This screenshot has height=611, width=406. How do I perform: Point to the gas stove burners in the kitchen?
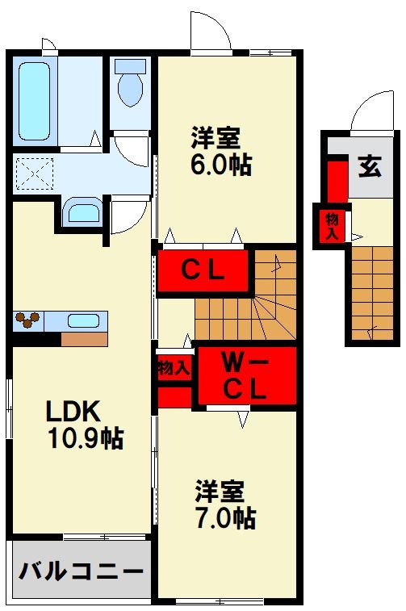(29, 320)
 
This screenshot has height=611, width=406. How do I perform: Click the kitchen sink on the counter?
(83, 320)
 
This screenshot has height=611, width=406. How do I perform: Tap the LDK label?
(72, 412)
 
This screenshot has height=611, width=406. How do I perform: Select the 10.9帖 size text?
(85, 439)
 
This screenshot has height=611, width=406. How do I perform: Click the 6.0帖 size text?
(222, 165)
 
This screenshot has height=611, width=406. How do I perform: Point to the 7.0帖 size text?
(225, 517)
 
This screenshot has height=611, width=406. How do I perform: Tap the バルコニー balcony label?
(81, 572)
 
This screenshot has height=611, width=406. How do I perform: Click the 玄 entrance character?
(370, 167)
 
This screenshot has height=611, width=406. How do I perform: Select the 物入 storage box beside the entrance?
(332, 226)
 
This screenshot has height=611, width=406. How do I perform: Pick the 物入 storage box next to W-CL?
(174, 368)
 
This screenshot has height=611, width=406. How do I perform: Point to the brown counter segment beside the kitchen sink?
(84, 339)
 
